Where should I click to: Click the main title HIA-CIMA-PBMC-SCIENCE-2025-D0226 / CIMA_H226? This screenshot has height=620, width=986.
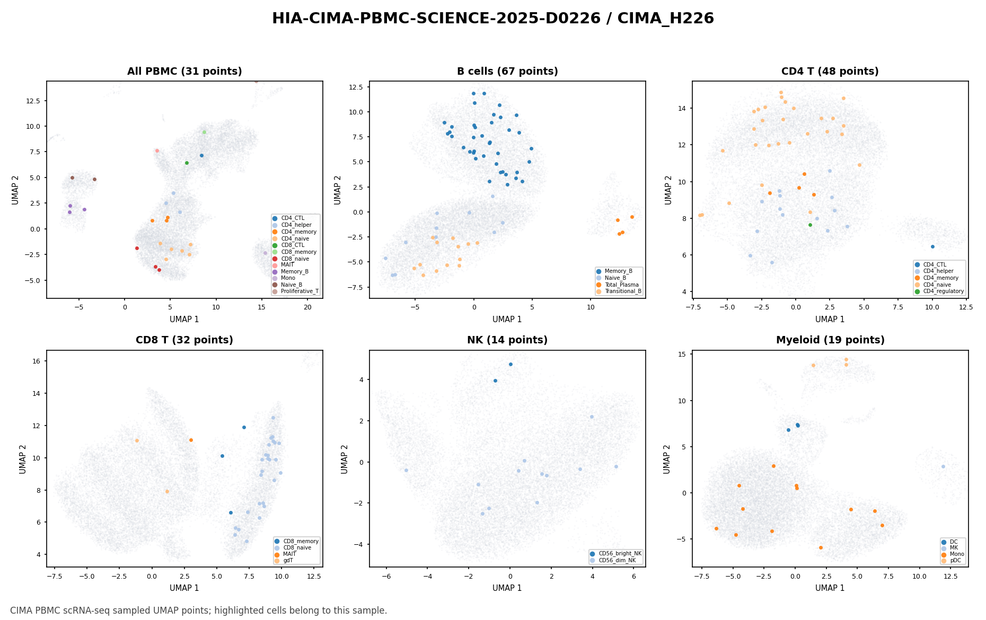tap(493, 19)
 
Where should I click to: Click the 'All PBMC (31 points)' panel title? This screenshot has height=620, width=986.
tap(184, 72)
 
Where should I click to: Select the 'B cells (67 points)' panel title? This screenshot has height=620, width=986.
tap(507, 72)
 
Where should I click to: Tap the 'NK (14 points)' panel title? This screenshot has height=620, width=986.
tap(507, 340)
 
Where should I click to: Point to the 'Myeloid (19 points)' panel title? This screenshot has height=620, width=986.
tap(830, 340)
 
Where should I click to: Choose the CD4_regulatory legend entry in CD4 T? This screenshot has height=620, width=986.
tap(939, 291)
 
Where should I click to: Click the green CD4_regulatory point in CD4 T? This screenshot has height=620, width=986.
tap(810, 225)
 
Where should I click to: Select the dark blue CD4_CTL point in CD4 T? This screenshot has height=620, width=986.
tap(932, 246)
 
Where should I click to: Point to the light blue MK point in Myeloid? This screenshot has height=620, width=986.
tap(943, 466)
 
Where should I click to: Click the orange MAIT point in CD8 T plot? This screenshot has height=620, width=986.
tap(191, 440)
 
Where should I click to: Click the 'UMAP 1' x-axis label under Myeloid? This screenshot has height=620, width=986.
tap(830, 588)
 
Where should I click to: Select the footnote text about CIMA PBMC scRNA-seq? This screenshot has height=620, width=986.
tap(198, 610)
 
